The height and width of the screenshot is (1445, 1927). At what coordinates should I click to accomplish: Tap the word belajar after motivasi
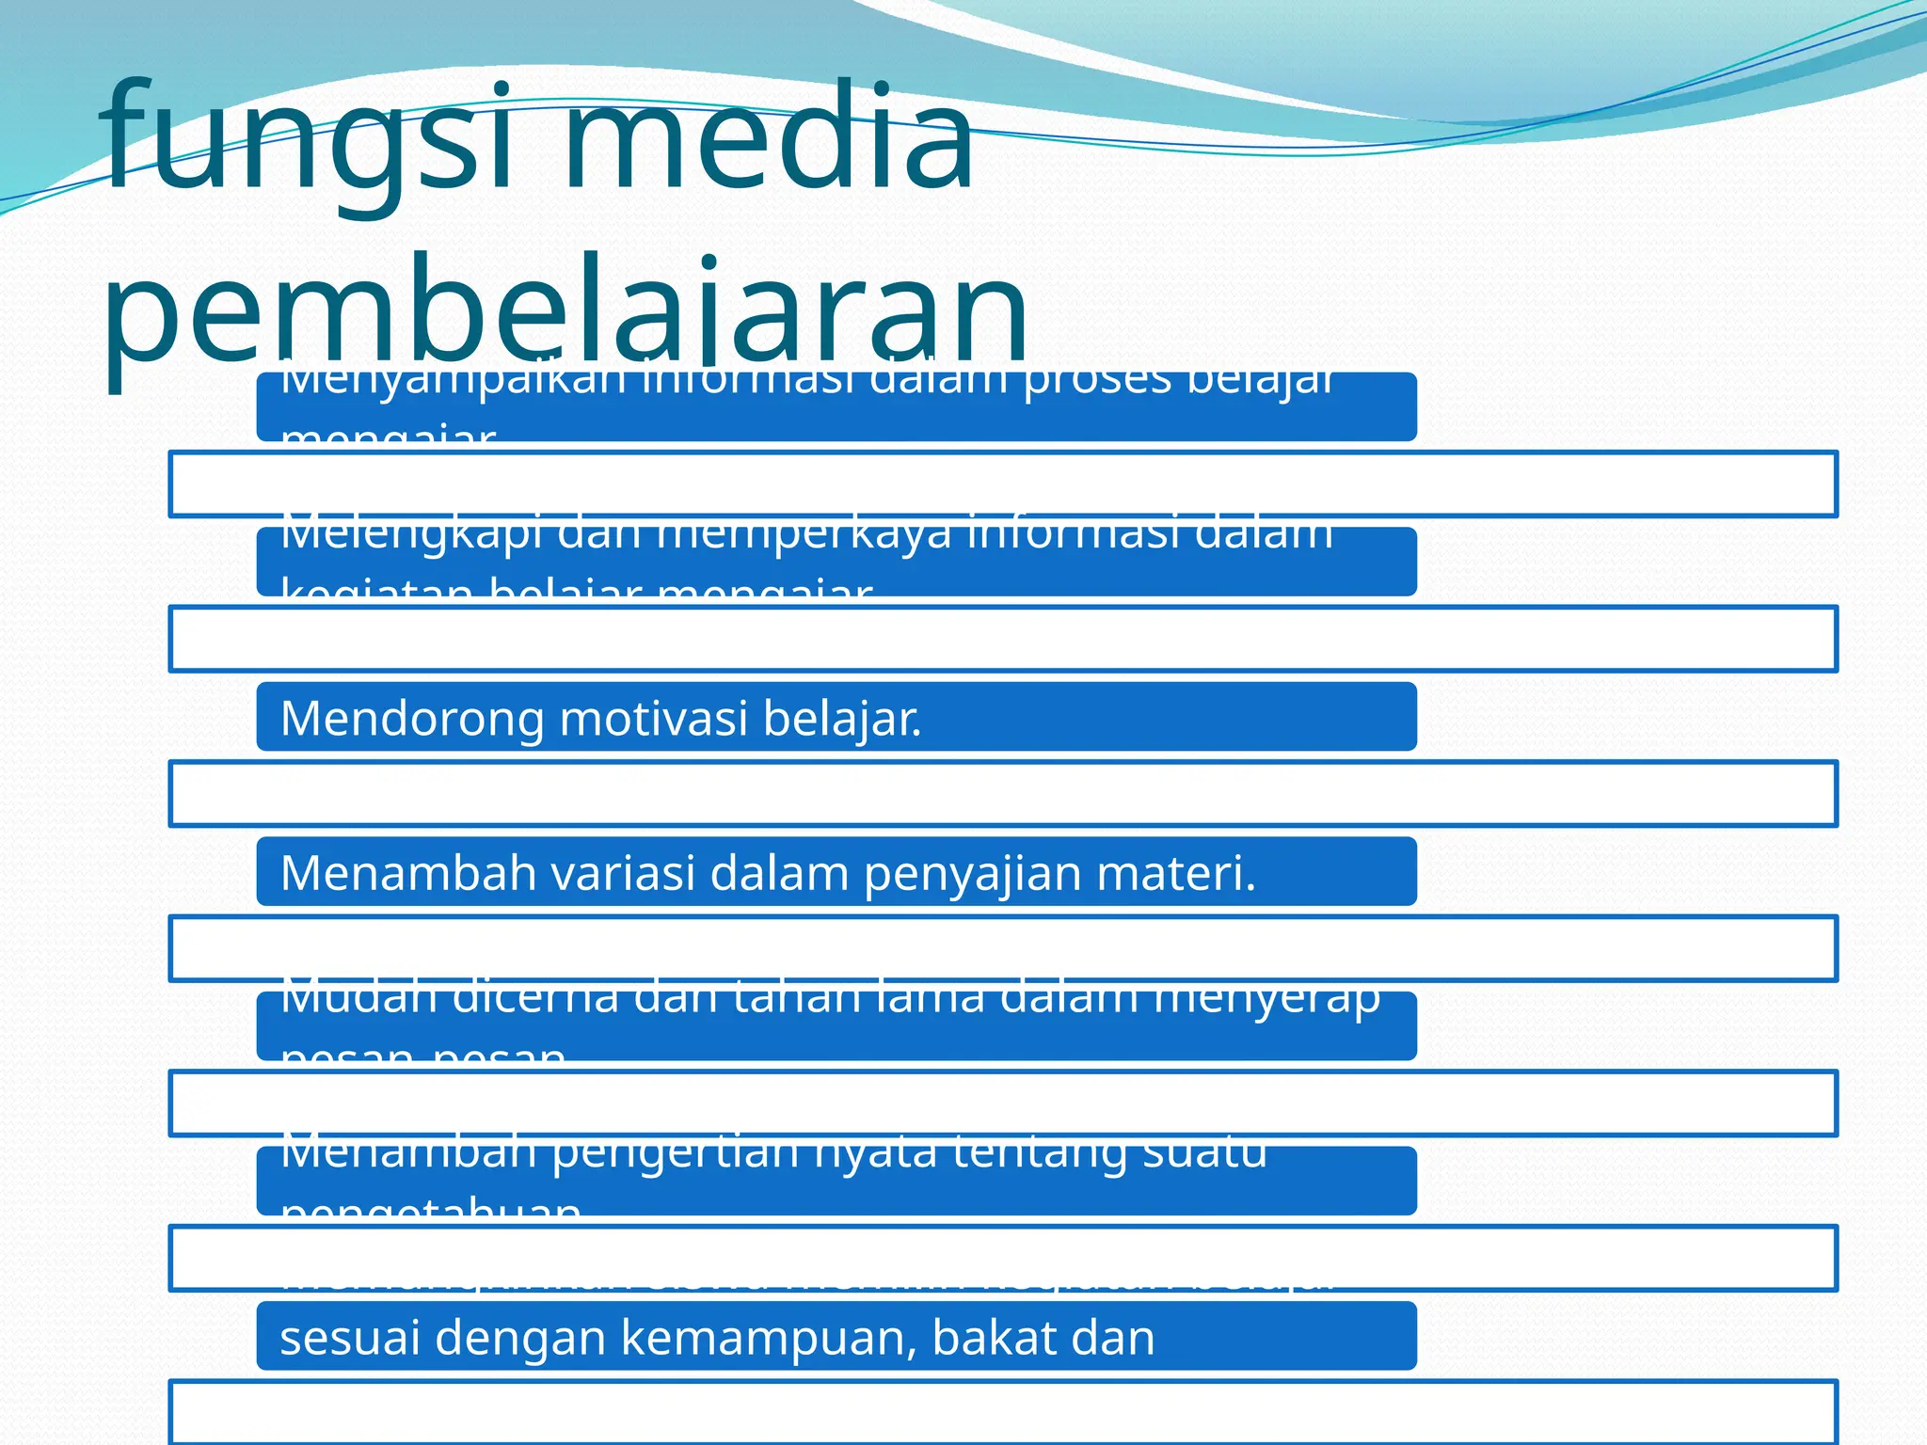(841, 719)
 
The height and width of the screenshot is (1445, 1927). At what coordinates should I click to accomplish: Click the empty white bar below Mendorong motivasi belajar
(1002, 794)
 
